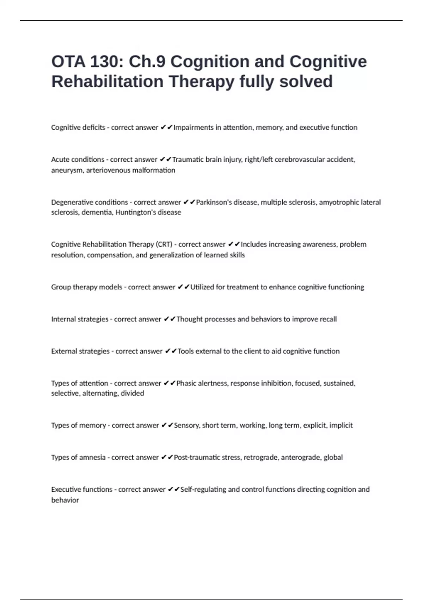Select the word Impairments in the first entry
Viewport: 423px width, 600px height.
coord(194,127)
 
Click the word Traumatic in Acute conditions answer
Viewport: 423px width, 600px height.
coord(188,160)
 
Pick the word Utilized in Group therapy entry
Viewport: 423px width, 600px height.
coord(202,287)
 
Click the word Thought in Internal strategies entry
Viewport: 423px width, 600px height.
coord(189,319)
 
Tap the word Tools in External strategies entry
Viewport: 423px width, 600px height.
coord(185,351)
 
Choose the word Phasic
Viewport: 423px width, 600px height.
coord(187,383)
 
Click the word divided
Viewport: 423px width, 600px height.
coord(132,393)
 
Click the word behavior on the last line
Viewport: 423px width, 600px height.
coord(65,500)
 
